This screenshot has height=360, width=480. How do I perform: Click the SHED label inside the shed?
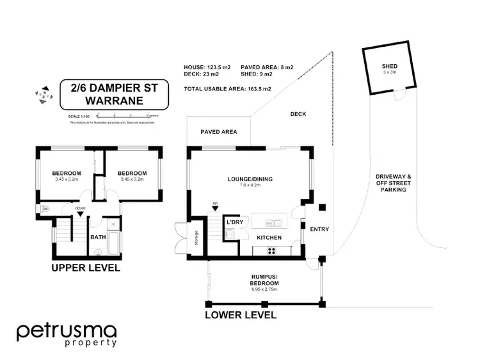pos(389,66)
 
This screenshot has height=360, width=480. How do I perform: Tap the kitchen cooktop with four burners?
pos(271,250)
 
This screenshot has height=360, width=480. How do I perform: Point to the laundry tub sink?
pos(228,234)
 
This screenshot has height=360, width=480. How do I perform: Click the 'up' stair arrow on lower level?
pos(214,206)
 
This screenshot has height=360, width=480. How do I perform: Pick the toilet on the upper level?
pos(45,209)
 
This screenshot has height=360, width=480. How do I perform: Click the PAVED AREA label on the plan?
pos(219,132)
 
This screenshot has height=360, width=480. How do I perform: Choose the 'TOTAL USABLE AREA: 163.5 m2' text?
pos(227,88)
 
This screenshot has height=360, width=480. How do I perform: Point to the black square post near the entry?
pos(321,207)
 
